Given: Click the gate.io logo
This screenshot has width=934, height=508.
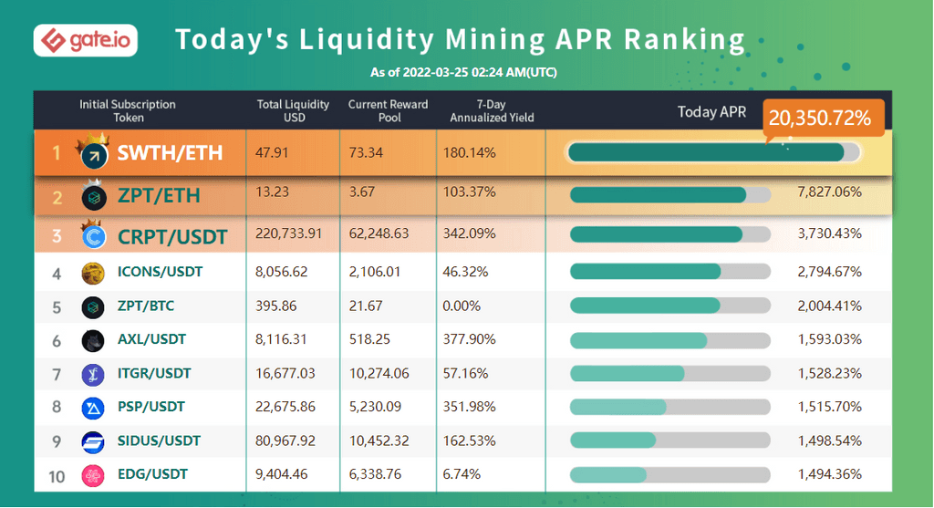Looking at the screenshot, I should [x=85, y=41].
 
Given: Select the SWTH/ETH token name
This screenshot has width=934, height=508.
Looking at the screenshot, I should [x=170, y=152].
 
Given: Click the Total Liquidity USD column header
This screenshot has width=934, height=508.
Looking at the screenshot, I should [x=294, y=110].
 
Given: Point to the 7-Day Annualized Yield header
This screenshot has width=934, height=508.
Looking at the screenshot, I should [x=492, y=110].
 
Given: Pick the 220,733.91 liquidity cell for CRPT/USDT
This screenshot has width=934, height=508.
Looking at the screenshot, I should [x=289, y=236].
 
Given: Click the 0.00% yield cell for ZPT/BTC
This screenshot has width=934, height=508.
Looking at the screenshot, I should [x=462, y=306].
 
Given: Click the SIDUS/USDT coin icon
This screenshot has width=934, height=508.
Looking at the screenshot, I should [x=93, y=441].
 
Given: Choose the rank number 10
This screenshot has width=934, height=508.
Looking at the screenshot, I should [x=57, y=475].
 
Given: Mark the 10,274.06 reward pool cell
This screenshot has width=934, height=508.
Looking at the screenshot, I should [x=379, y=374].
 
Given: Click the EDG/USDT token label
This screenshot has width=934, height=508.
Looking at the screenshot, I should [x=152, y=474].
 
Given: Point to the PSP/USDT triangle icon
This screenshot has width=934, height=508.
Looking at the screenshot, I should [x=93, y=408].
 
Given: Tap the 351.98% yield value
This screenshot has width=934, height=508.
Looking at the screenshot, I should [x=469, y=408].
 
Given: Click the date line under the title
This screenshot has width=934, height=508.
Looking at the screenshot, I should [x=463, y=72].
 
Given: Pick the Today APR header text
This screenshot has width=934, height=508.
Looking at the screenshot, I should [x=711, y=112].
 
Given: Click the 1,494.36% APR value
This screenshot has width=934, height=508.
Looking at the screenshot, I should [x=829, y=474].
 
